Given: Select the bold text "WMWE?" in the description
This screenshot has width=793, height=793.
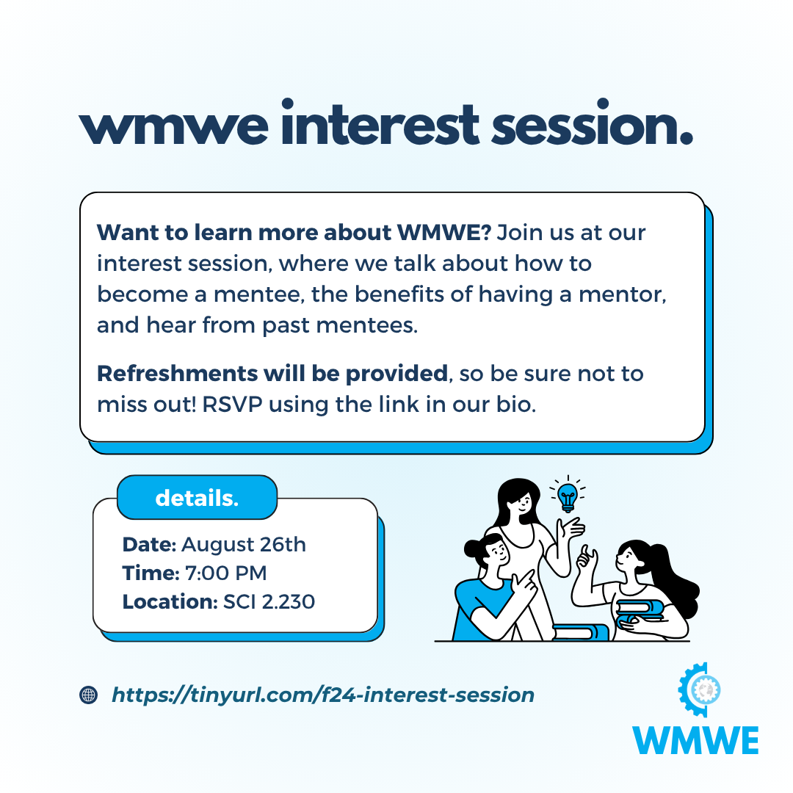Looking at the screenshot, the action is (444, 233).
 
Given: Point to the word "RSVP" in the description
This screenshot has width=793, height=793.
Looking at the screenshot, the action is (232, 405).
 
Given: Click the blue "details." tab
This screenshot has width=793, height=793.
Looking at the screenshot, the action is (197, 498).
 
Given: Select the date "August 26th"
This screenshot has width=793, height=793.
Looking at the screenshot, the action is (244, 545).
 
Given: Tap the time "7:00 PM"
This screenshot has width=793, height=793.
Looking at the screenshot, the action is (225, 573).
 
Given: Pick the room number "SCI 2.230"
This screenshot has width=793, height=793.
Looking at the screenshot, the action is (269, 602).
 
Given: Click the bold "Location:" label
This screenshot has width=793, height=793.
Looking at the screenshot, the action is (170, 602).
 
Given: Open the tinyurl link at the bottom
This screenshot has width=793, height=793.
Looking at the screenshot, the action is (322, 695).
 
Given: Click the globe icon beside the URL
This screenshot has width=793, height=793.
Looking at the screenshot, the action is (89, 695).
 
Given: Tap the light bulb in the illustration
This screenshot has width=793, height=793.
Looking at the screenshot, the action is (568, 496).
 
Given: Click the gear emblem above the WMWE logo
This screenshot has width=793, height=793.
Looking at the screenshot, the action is (700, 689).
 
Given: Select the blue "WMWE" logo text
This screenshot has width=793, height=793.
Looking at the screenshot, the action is (695, 740).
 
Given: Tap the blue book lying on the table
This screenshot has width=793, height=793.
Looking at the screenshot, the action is (580, 632).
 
